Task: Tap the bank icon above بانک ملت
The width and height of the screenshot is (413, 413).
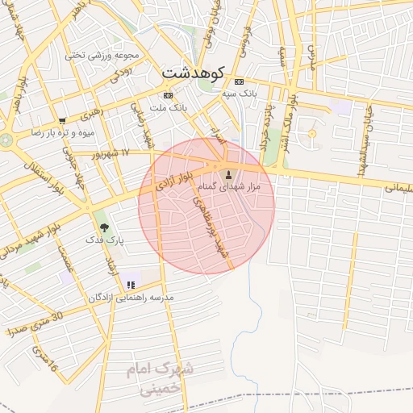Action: [167, 95]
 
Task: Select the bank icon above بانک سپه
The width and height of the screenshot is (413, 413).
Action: [239, 82]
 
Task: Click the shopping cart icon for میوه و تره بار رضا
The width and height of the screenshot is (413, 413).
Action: [62, 121]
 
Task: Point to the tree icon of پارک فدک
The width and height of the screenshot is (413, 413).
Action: [103, 227]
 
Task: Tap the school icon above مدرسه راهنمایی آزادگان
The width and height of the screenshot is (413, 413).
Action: [130, 285]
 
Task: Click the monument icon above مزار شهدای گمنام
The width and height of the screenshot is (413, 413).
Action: [228, 175]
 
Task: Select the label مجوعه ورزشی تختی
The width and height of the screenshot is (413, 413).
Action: [102, 56]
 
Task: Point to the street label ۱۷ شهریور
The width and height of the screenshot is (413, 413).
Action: [111, 152]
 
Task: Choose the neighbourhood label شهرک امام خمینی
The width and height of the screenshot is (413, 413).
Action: [162, 378]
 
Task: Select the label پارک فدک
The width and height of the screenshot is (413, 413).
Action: [103, 241]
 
